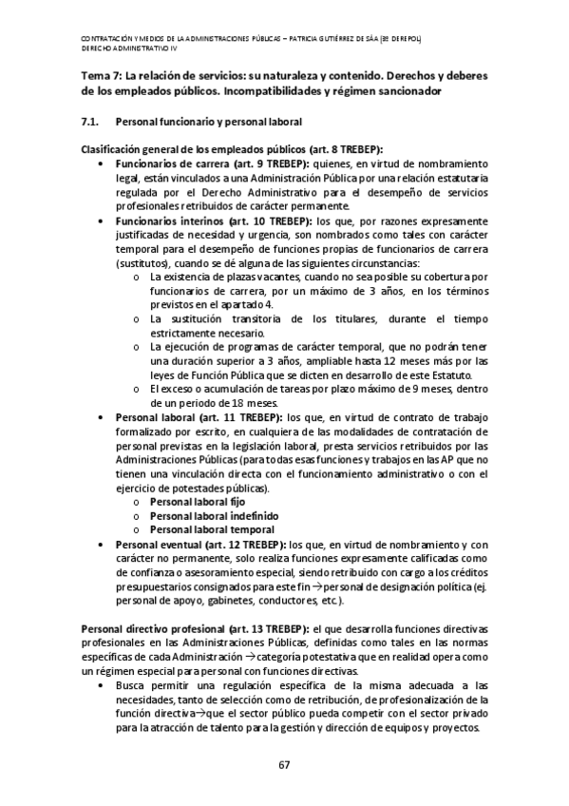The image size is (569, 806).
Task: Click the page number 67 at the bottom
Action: click(x=284, y=766)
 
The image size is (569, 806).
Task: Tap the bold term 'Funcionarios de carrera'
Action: click(x=168, y=163)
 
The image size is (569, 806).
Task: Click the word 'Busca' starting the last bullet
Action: click(x=130, y=684)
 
